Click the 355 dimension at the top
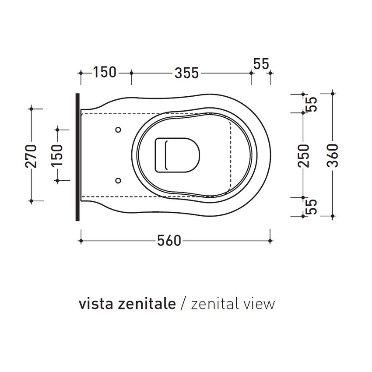187,73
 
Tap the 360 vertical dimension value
333,155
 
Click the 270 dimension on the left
31,155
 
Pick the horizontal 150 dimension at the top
104,72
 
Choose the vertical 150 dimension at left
57,155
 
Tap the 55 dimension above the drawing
261,64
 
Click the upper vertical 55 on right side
312,104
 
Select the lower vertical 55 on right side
312,207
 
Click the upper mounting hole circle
118,130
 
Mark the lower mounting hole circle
118,180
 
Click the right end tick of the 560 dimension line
270,241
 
